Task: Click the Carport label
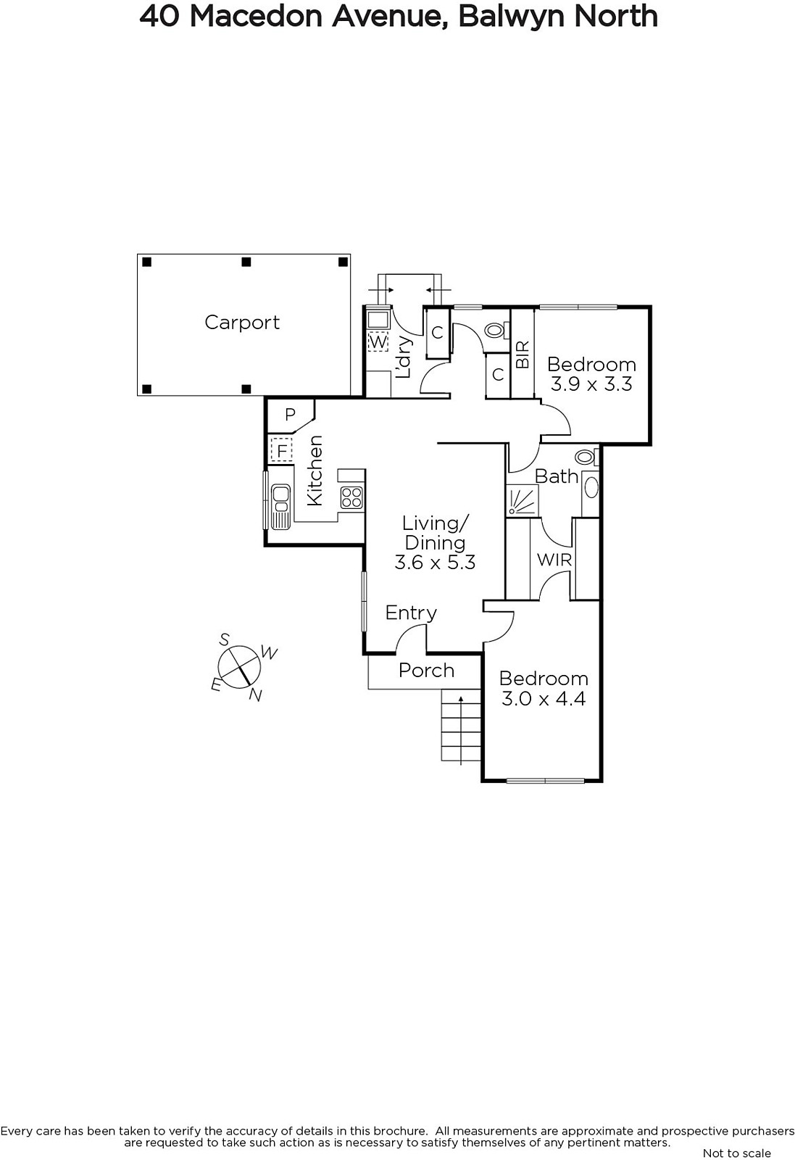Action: click(242, 323)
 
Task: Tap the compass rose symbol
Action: click(239, 667)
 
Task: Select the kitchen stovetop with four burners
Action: click(351, 497)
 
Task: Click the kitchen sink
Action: click(280, 507)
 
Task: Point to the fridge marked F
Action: click(282, 449)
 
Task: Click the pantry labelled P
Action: click(290, 414)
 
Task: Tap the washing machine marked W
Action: click(378, 341)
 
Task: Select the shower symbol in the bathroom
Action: click(523, 500)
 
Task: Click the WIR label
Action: click(554, 560)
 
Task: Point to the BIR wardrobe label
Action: click(523, 355)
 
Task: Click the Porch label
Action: click(426, 671)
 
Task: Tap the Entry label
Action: click(411, 613)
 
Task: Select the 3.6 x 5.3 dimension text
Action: click(435, 563)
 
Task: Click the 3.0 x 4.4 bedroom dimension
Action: click(544, 699)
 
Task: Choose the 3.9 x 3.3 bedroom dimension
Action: click(591, 384)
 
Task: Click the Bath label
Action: click(557, 476)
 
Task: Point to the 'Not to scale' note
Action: click(736, 1153)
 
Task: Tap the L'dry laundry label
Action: click(403, 357)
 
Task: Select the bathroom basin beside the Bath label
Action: click(591, 487)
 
